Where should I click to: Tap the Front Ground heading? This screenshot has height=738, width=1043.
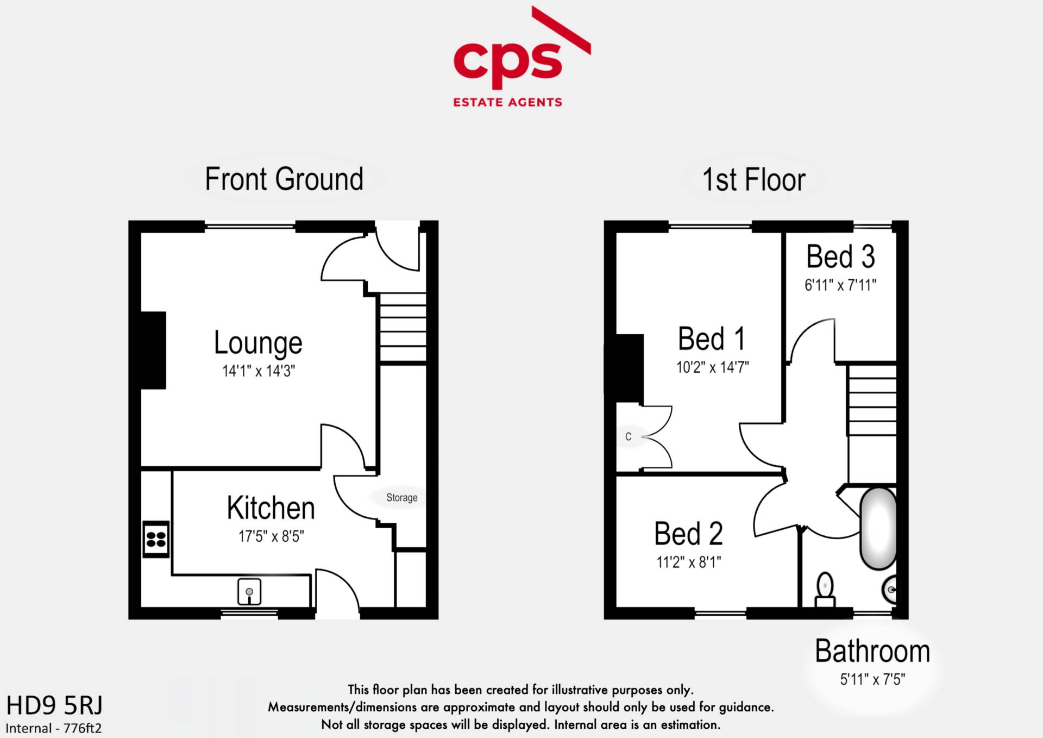[x=284, y=179]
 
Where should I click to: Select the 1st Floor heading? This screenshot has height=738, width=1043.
[x=753, y=180]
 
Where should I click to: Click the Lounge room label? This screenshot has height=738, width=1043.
[x=258, y=343]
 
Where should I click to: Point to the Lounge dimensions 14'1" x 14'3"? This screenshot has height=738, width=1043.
[x=259, y=371]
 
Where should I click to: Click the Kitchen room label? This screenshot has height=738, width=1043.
[x=271, y=508]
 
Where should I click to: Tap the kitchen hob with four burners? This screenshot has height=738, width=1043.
[x=156, y=539]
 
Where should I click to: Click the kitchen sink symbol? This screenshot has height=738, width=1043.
[x=249, y=592]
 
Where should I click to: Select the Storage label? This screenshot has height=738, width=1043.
[x=402, y=498]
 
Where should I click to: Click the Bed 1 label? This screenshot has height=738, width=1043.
[x=712, y=339]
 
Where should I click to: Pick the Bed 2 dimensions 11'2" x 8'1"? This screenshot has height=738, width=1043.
[x=689, y=562]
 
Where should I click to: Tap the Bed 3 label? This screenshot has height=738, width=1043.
[x=840, y=257]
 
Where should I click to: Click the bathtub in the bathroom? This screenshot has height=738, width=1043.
[x=878, y=528]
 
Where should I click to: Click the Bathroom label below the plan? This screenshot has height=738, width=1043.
[x=872, y=651]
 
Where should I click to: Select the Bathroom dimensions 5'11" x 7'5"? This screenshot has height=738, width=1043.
[x=872, y=679]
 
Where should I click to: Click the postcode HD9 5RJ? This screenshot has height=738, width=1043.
[x=54, y=705]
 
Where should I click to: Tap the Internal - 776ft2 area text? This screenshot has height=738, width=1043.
[x=54, y=728]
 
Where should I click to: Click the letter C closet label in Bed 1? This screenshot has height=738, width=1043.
[x=629, y=436]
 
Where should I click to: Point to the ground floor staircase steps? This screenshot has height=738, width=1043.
[x=403, y=328]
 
